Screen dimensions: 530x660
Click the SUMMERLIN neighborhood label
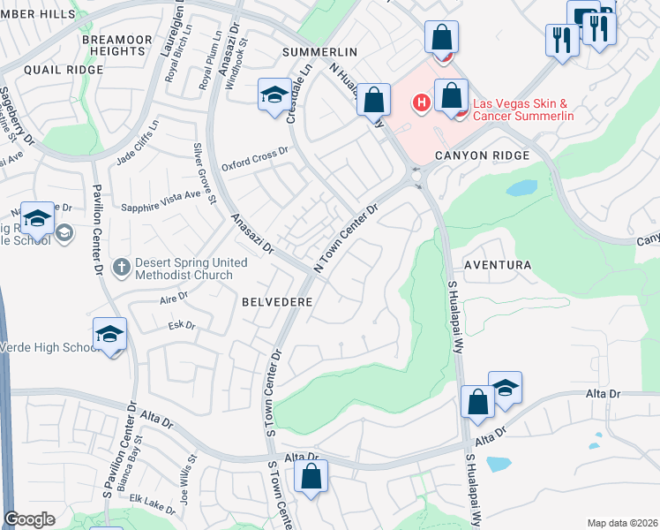coord(319,53)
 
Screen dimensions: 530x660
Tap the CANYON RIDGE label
coord(482,155)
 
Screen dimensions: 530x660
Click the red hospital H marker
coord(422,103)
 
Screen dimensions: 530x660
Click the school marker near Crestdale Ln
coord(274,94)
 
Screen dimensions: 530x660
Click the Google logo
coord(29,519)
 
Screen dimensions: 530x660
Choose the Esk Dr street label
coord(181,325)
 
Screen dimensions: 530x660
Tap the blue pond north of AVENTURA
coord(521,187)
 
